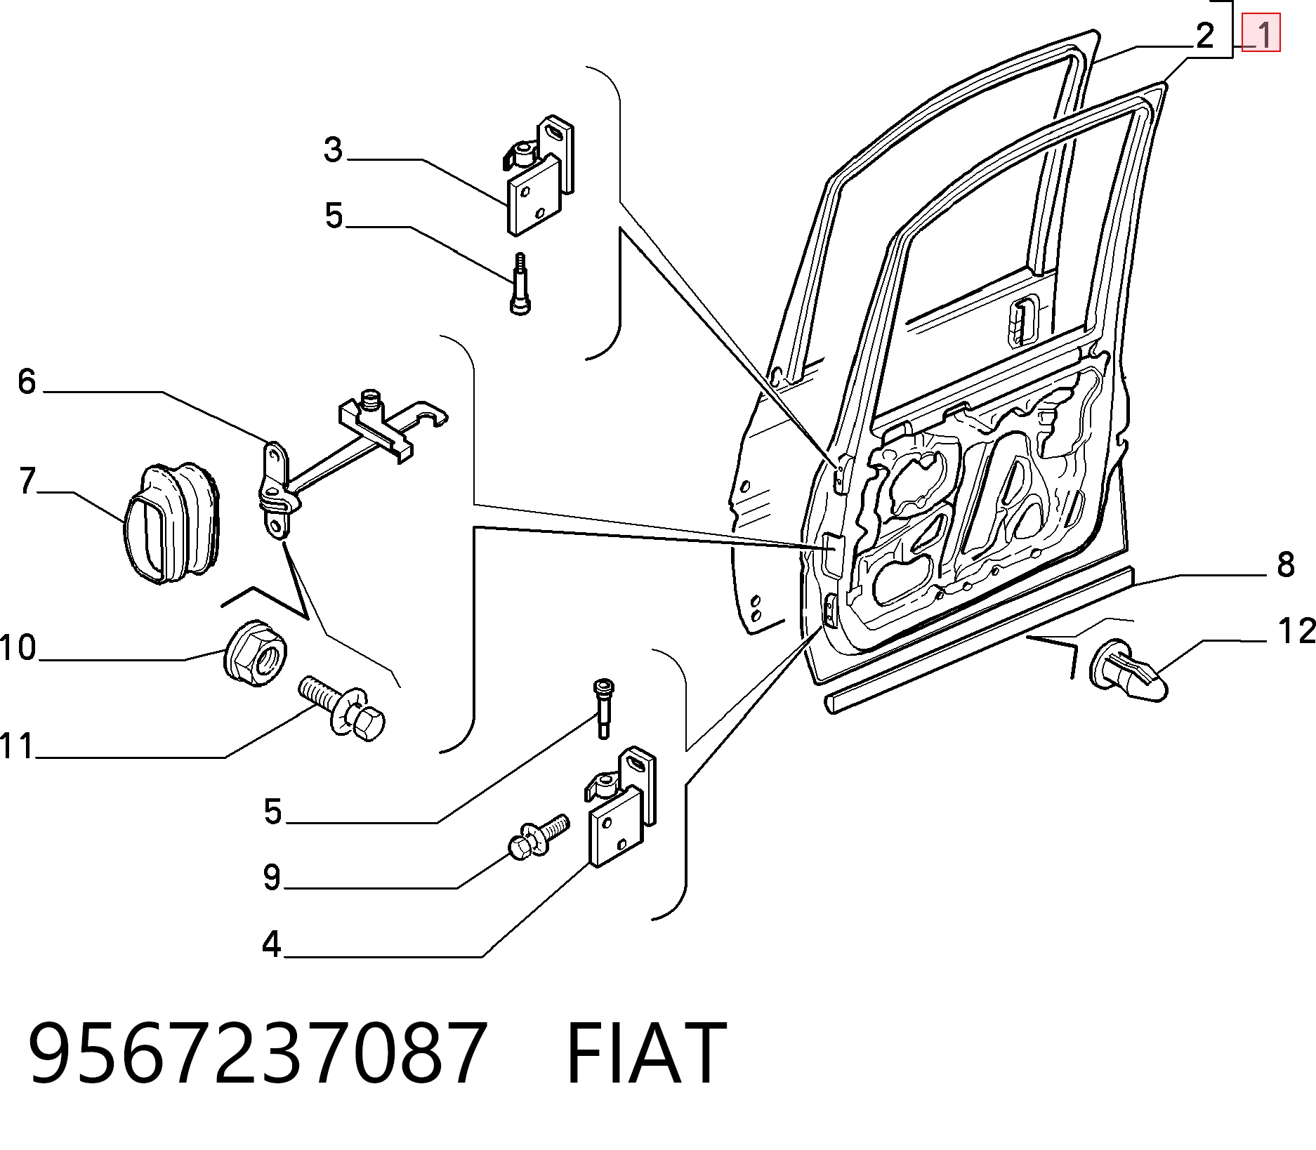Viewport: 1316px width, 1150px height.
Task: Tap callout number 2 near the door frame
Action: [x=1205, y=35]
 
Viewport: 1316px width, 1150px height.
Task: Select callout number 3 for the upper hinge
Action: [x=333, y=150]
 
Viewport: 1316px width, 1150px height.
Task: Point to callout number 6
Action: [x=26, y=382]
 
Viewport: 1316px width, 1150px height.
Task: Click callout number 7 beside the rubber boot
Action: [x=26, y=481]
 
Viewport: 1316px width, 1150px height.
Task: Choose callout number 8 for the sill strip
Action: [x=1284, y=564]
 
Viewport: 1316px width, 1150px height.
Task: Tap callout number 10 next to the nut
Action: [x=18, y=647]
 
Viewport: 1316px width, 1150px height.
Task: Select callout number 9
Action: [x=272, y=877]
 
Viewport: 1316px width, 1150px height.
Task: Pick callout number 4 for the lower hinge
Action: [x=272, y=944]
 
